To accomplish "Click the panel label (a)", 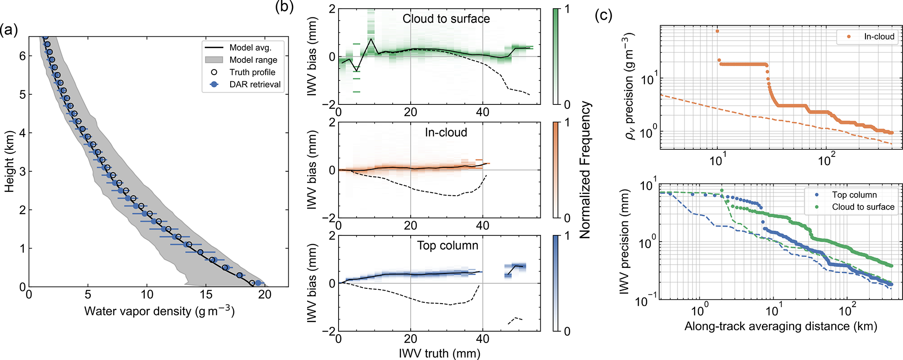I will [9, 30].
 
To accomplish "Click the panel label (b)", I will [284, 7].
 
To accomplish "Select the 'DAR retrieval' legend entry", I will [255, 84].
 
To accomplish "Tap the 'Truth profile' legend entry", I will [252, 72].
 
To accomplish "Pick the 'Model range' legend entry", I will [253, 60].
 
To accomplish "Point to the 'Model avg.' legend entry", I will [250, 48].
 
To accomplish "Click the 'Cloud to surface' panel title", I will [446, 19].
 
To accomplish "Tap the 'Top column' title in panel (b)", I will [447, 246].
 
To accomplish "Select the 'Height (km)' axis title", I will [9, 162].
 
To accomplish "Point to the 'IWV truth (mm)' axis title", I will [439, 353].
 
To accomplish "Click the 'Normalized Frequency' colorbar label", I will [585, 170].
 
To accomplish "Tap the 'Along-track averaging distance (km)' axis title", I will [781, 326].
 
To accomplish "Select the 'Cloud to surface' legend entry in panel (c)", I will [863, 207].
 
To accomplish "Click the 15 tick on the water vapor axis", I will [206, 295].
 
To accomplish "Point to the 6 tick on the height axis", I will [22, 56].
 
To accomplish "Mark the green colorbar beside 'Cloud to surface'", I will [556, 56].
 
